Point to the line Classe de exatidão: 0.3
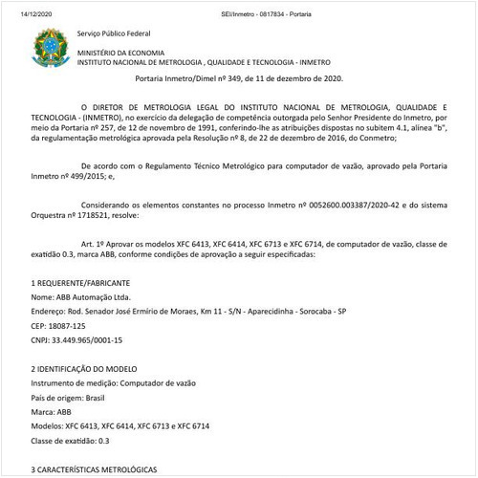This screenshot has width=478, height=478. point(71,440)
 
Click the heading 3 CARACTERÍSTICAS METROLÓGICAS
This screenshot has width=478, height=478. point(93,469)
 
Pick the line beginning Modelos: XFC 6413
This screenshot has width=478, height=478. point(120,425)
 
